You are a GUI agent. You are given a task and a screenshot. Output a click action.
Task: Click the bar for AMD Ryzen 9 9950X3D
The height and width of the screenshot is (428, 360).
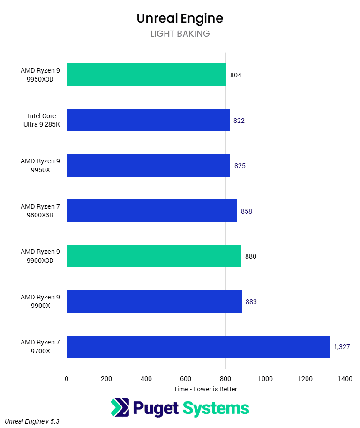146,75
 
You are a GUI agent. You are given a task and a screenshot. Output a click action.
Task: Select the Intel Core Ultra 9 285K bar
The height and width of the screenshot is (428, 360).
148,121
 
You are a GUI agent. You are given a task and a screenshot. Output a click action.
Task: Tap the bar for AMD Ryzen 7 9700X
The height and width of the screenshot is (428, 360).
198,347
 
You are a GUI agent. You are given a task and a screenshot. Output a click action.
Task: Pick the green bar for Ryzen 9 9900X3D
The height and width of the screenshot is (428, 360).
154,256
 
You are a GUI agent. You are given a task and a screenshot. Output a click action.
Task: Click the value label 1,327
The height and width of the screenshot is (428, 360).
342,347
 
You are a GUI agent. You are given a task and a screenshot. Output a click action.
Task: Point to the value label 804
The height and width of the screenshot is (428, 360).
236,75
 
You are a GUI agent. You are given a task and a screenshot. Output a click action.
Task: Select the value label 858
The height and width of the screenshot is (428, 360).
247,211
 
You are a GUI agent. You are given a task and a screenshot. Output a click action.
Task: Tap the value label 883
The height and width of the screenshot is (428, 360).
251,302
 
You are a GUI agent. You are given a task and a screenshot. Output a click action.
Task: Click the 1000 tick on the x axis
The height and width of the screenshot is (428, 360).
265,378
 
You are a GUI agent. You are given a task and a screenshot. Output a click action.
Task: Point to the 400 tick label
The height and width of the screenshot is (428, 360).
146,378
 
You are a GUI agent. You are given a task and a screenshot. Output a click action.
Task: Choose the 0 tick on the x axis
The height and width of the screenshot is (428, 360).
67,378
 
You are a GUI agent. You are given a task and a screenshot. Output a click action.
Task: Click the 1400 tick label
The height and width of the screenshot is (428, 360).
345,378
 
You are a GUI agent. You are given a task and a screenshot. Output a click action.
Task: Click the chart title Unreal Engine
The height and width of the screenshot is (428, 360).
180,18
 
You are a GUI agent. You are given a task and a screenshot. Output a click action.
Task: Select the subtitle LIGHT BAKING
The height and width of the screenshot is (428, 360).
180,34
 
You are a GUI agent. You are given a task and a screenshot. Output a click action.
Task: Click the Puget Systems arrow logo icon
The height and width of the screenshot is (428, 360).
120,408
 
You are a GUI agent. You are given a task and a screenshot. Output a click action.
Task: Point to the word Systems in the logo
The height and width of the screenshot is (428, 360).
216,408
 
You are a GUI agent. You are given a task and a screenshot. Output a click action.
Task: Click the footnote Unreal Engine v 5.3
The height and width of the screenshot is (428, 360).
32,421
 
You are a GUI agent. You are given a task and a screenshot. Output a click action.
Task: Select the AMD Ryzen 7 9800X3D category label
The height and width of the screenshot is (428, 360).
40,211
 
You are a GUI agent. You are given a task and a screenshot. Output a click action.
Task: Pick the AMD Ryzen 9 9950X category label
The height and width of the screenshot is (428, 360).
40,166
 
